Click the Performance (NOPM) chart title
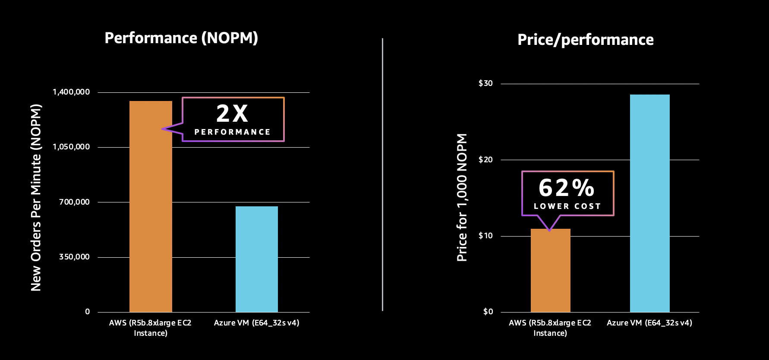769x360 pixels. coord(181,38)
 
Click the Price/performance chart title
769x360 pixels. coord(585,40)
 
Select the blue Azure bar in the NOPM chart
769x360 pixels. coord(257,259)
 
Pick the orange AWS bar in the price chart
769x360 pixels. coord(550,272)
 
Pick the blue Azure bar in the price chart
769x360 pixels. coord(649,203)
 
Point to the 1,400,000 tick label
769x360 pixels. coord(71,92)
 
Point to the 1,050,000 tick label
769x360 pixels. coord(71,147)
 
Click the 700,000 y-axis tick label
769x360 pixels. coord(74,202)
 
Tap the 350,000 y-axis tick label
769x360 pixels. coord(74,257)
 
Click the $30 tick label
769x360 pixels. coord(485,83)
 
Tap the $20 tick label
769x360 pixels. coord(485,160)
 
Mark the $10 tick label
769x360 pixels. coord(485,236)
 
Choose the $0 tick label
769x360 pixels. coord(488,312)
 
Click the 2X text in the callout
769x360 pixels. coord(232,114)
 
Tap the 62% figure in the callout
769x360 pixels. coord(567,188)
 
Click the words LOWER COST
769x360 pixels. coord(567,206)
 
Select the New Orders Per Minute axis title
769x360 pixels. coord(36,198)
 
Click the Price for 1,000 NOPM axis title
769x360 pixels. coord(462,197)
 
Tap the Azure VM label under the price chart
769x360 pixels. coord(649,323)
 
